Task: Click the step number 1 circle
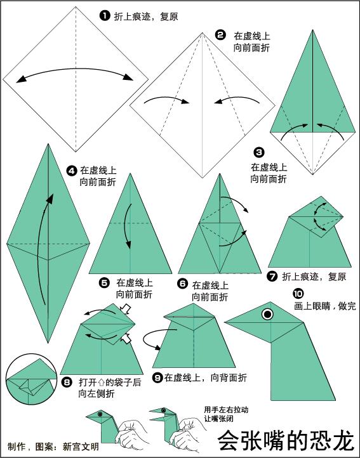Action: (x=105, y=16)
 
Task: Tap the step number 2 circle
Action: (x=220, y=35)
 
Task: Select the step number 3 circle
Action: (x=258, y=152)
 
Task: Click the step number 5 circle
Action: (x=105, y=282)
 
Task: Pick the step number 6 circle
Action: (x=182, y=284)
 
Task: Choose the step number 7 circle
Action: (x=273, y=277)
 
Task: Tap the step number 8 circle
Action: (x=68, y=383)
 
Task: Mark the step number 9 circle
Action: (x=157, y=377)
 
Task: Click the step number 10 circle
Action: (x=298, y=293)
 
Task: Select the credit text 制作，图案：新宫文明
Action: (x=53, y=447)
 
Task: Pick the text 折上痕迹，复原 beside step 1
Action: (x=145, y=16)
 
